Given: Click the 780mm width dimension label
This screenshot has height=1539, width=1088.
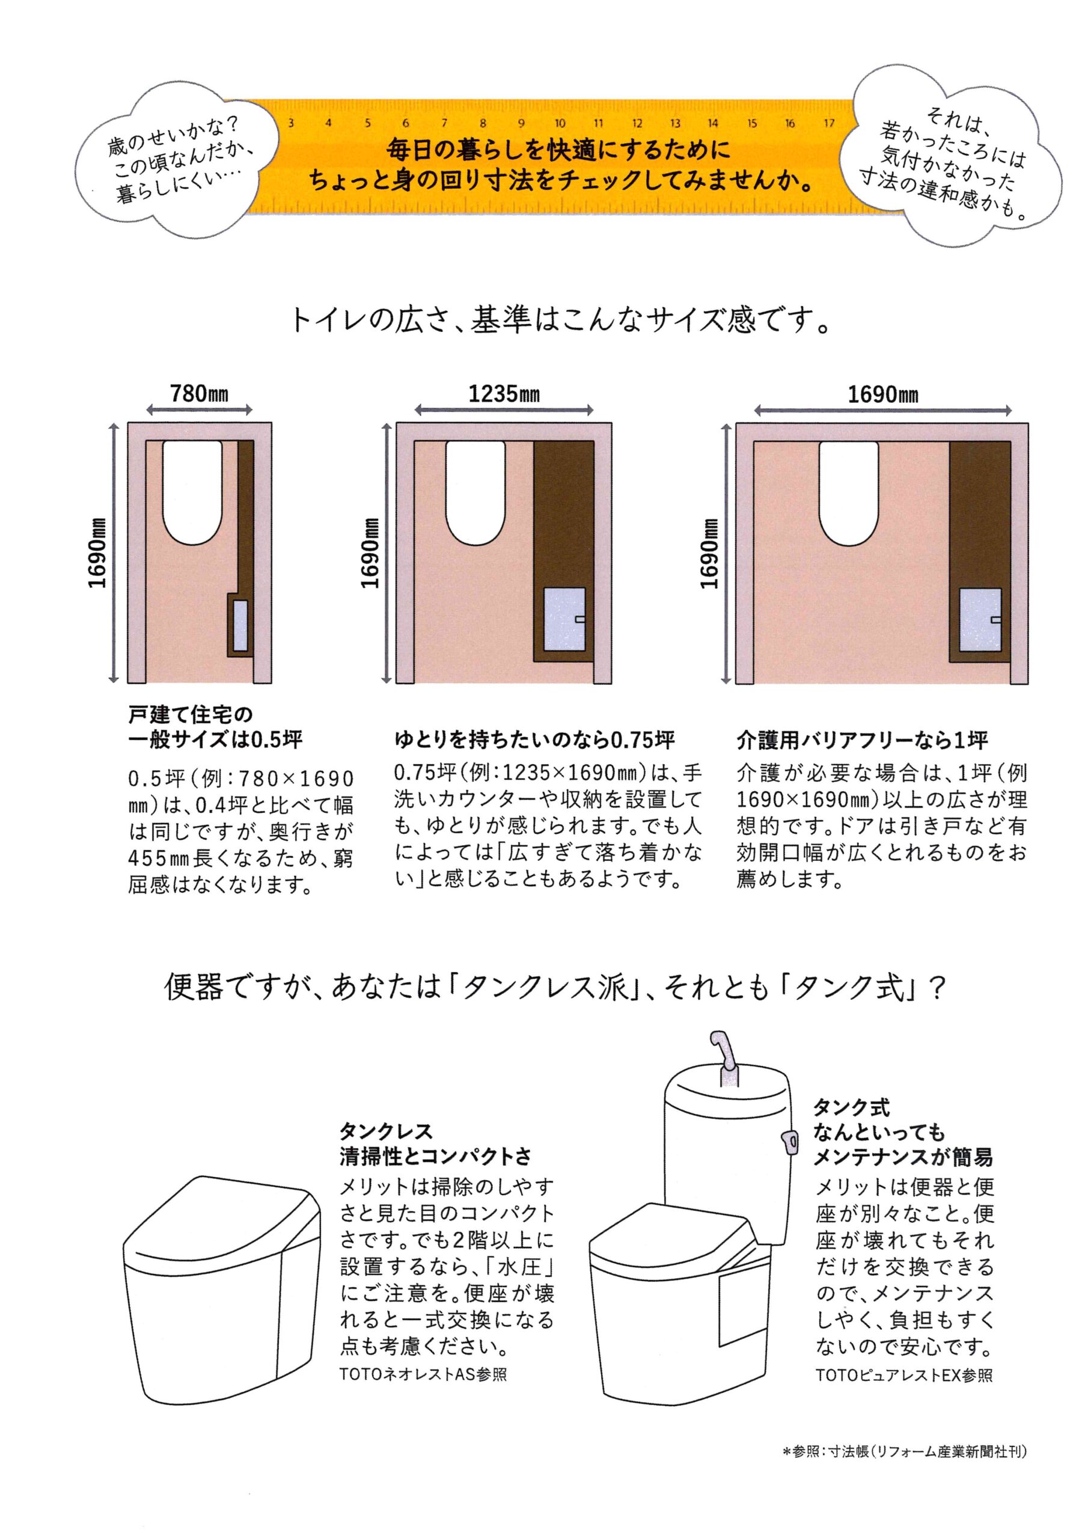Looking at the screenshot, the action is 199,393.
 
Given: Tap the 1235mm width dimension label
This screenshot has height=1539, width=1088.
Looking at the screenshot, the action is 504,393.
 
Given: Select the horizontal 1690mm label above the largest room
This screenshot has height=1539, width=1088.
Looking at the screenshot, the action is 883,394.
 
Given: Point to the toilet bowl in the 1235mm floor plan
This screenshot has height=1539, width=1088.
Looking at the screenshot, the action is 475,491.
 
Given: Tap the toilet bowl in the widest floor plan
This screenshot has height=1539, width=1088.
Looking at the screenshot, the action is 849,491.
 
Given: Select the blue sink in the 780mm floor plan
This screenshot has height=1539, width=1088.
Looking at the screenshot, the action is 240,625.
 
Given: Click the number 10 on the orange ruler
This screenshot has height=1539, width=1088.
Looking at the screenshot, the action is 560,123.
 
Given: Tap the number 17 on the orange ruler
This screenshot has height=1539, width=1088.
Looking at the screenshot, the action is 830,123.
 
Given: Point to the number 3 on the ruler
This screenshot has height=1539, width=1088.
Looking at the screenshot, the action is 291,123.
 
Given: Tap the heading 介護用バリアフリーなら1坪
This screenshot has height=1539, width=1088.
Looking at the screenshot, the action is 862,741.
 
